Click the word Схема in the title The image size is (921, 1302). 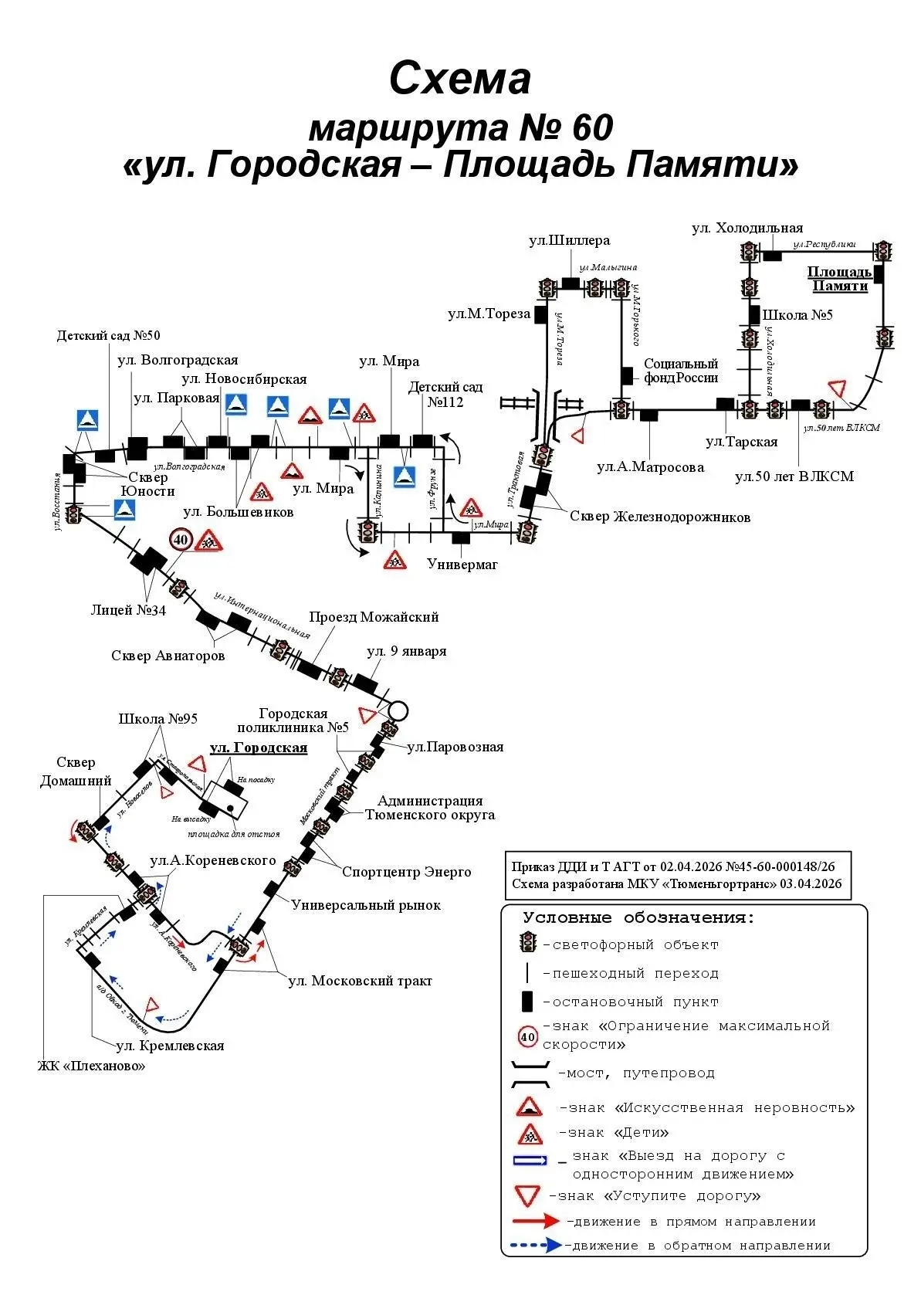click(460, 79)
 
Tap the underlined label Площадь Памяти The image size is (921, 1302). click(839, 279)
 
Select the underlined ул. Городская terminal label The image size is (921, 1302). click(259, 748)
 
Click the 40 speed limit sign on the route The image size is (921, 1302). click(181, 539)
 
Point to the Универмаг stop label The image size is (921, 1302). click(462, 565)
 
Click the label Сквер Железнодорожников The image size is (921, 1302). click(660, 517)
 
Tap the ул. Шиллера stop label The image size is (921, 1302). click(569, 241)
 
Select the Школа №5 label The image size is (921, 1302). click(797, 315)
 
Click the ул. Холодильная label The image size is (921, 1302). click(747, 228)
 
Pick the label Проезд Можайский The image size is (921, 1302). click(374, 617)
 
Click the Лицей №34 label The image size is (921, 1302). click(128, 610)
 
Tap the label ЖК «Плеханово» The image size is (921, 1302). click(91, 1066)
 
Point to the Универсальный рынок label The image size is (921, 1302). click(366, 905)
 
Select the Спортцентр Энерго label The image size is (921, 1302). click(406, 872)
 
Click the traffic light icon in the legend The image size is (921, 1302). click(528, 943)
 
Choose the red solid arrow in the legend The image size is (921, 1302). click(536, 1221)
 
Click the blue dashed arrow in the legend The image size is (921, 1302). click(536, 1245)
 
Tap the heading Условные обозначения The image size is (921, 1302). click(638, 918)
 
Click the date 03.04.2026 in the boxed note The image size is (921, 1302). click(811, 884)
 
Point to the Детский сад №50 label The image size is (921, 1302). click(108, 335)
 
